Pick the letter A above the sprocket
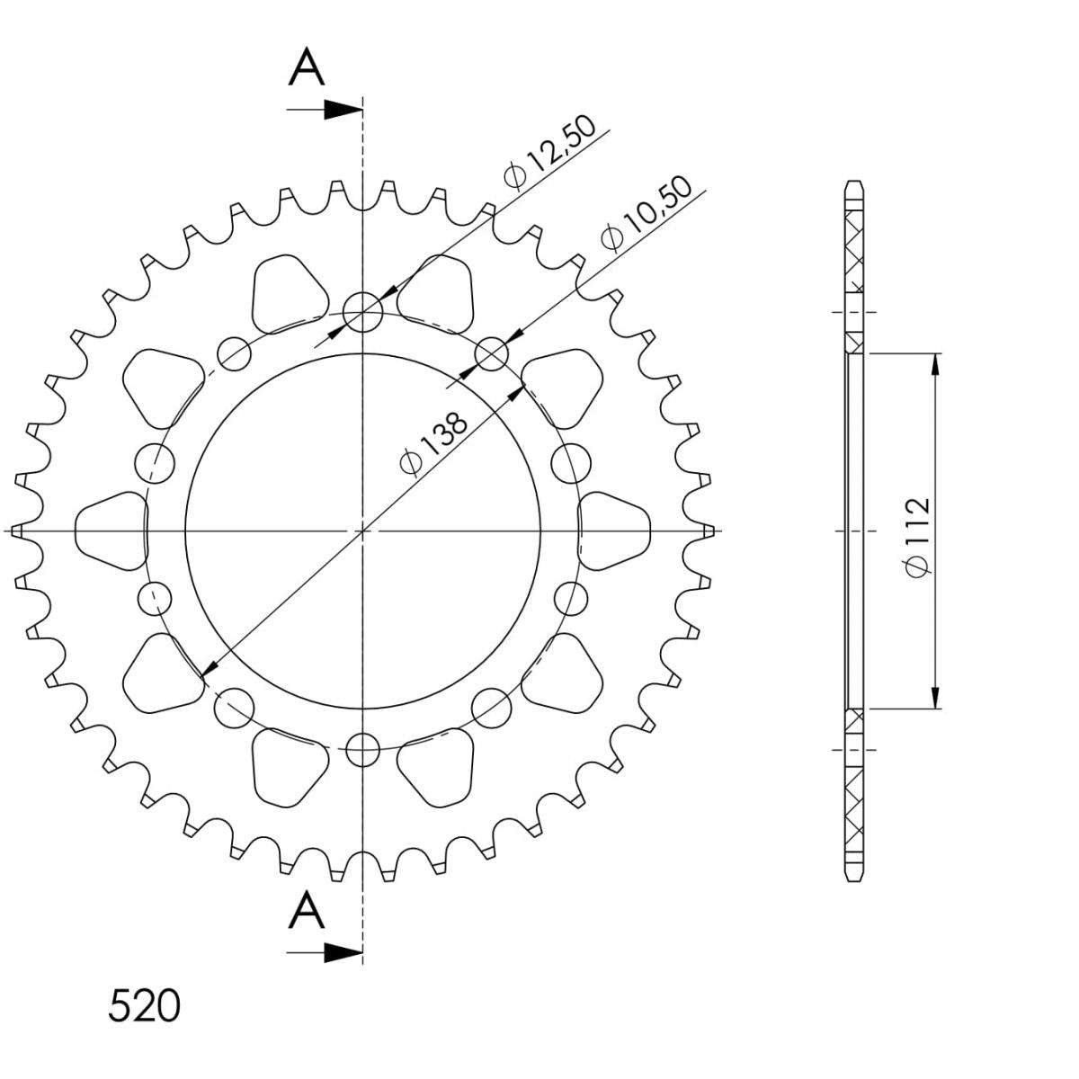(307, 67)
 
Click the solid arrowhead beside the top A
(343, 110)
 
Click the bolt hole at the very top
(363, 312)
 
